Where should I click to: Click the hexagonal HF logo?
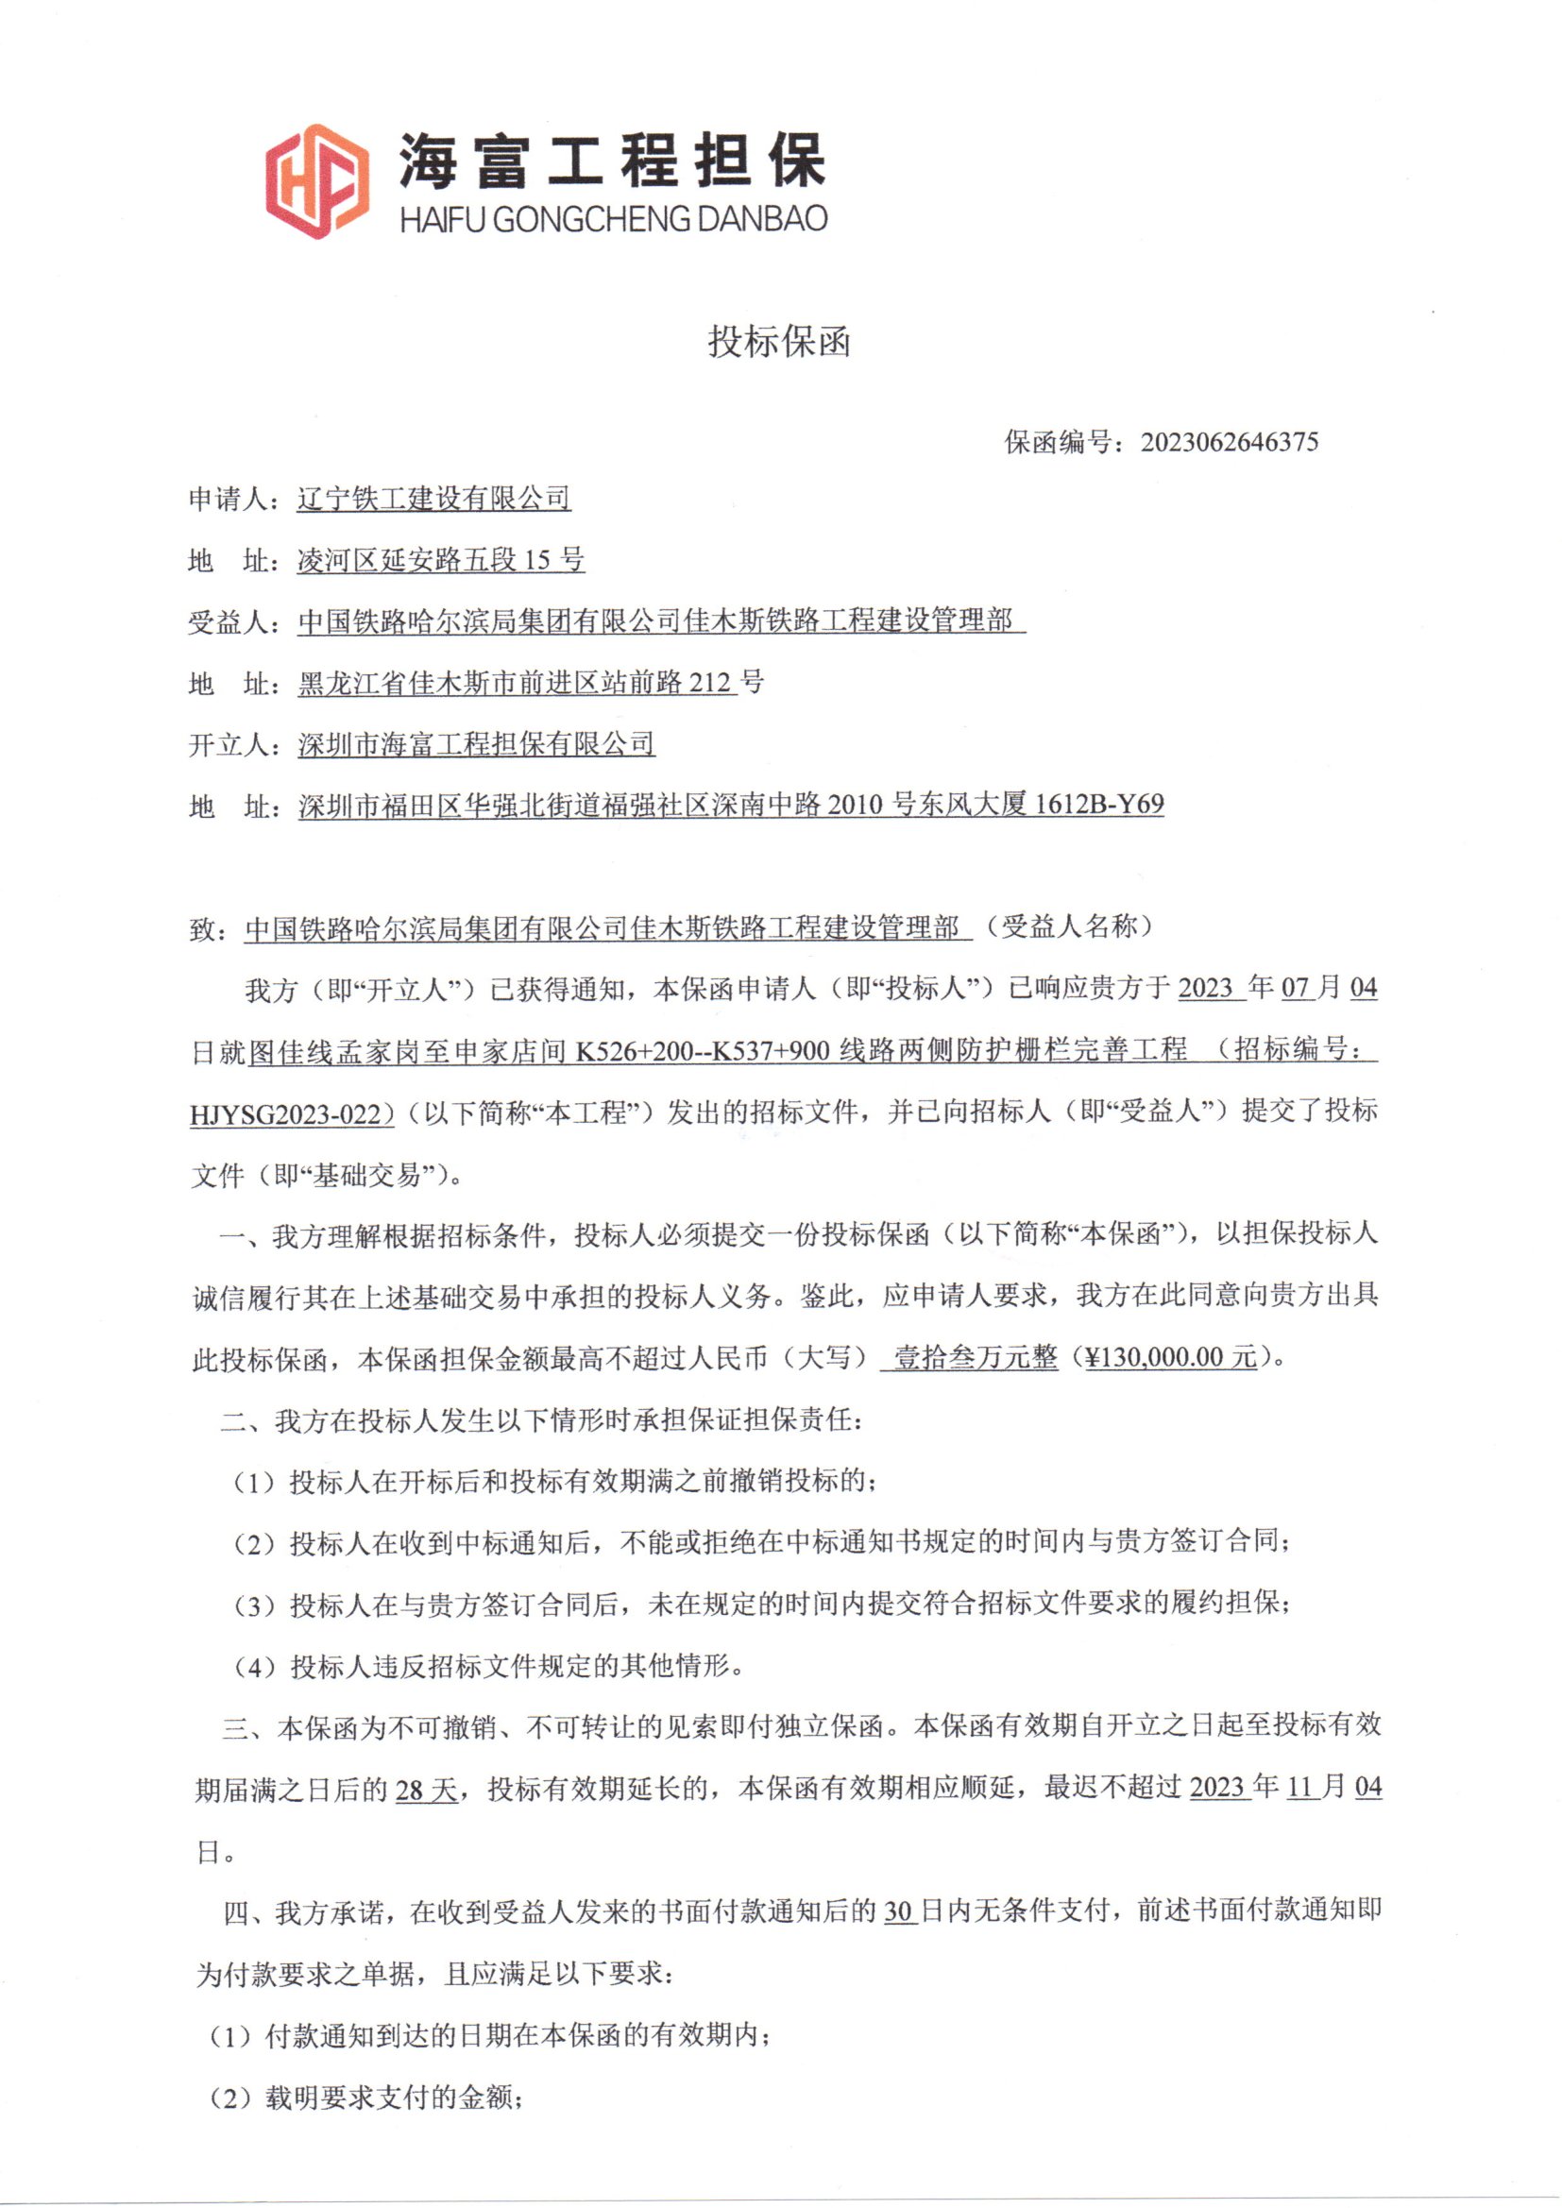(x=316, y=180)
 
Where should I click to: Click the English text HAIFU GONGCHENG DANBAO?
(x=614, y=219)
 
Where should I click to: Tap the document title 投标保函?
(x=779, y=341)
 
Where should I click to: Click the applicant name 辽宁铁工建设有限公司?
(x=433, y=499)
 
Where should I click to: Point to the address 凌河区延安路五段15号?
(x=440, y=560)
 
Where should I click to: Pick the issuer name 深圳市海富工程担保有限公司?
(x=476, y=743)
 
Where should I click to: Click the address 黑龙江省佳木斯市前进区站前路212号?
(x=531, y=683)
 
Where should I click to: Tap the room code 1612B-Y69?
(x=1098, y=804)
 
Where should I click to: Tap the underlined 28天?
(x=426, y=1791)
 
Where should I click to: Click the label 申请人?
(x=227, y=499)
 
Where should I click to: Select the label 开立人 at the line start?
(x=227, y=744)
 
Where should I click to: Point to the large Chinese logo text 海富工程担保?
(x=613, y=160)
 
